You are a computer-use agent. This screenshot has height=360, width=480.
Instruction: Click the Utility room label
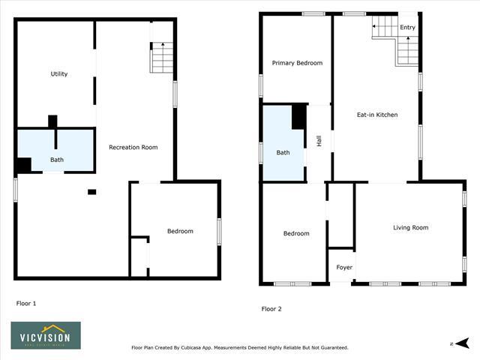click(59, 73)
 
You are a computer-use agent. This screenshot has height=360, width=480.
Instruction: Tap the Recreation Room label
click(133, 147)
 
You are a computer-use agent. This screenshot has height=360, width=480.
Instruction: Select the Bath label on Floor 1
click(57, 160)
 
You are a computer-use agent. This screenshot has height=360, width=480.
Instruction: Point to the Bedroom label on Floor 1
click(180, 231)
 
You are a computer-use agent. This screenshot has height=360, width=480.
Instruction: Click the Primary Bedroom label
click(297, 63)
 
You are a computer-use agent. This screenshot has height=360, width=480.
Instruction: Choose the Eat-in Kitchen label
click(376, 115)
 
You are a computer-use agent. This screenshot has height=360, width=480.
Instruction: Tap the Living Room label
click(410, 227)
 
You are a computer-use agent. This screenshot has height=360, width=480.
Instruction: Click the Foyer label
click(343, 267)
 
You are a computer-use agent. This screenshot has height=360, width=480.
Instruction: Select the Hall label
click(319, 140)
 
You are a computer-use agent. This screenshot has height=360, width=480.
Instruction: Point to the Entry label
click(407, 28)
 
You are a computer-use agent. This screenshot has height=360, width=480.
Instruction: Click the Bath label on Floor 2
click(283, 152)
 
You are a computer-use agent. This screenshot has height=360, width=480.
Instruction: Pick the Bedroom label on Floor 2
click(295, 233)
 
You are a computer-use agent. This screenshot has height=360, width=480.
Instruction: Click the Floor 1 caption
click(26, 303)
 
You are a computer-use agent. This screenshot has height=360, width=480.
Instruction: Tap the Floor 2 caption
click(271, 308)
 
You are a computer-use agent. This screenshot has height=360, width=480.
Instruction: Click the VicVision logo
click(46, 335)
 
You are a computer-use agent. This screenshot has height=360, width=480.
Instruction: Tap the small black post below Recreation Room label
click(91, 192)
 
